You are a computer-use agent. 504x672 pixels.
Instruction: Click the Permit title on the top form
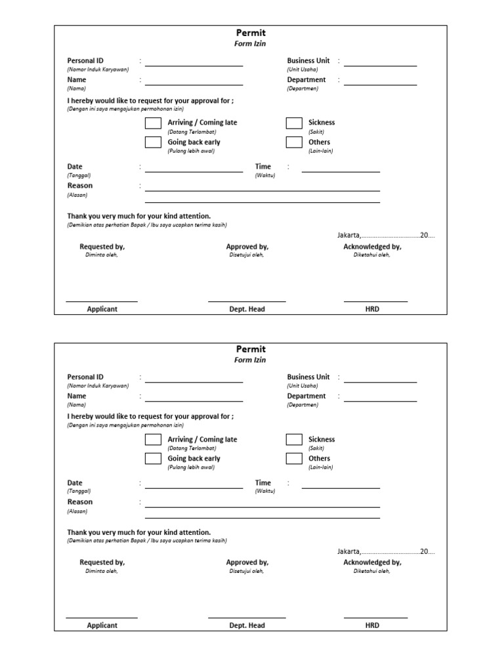click(x=251, y=33)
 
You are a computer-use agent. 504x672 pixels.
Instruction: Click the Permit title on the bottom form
click(x=251, y=349)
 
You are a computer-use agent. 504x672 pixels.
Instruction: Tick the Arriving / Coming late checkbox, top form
click(x=153, y=123)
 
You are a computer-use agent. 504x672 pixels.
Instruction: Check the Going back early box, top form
click(x=153, y=142)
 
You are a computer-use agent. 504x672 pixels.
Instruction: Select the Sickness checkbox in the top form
click(x=294, y=123)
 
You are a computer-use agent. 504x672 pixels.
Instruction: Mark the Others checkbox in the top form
click(x=294, y=142)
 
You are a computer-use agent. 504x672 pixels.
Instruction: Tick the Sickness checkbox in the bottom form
click(x=294, y=440)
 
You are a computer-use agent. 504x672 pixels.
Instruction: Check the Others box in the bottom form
click(x=294, y=459)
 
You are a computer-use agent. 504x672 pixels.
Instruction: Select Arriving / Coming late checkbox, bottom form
click(x=153, y=440)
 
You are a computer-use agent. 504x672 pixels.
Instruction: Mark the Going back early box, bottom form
click(x=153, y=459)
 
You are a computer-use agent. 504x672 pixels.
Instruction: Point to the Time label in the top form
click(x=263, y=167)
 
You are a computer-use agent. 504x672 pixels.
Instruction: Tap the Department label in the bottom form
click(x=306, y=396)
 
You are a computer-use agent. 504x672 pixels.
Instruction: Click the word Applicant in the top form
click(x=102, y=309)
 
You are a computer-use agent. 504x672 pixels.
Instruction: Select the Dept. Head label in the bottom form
click(x=247, y=625)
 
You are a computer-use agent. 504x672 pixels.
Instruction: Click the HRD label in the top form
click(x=372, y=309)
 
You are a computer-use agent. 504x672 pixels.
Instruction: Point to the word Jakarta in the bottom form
click(x=348, y=552)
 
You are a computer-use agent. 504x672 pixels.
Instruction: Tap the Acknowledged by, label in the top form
click(x=372, y=247)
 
